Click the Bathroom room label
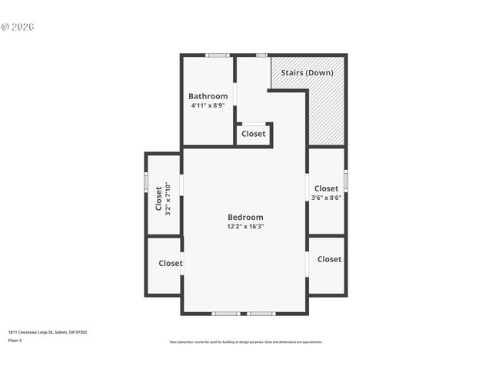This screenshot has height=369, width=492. [208, 96]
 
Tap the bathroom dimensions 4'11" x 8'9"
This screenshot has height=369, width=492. [208, 105]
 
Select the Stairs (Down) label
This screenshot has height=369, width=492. [307, 72]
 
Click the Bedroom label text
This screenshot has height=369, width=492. [245, 217]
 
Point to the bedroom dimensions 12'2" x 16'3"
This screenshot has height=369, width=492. [245, 227]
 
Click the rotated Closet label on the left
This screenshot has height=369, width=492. [159, 198]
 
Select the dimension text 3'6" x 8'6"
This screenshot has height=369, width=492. [326, 198]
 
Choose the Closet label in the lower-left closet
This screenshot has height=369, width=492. [171, 263]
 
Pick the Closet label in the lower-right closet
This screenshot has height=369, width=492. [329, 259]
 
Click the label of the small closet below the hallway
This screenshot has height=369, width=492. [253, 134]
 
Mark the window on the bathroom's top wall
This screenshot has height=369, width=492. [218, 55]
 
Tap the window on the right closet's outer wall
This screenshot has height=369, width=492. [346, 181]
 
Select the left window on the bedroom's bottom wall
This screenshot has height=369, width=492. [225, 314]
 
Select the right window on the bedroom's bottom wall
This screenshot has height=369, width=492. [261, 314]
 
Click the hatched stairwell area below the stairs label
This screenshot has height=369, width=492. [326, 115]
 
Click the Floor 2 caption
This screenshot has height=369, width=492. [15, 340]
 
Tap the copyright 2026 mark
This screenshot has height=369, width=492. [18, 27]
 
